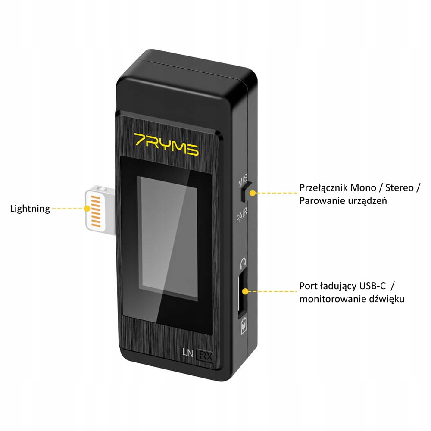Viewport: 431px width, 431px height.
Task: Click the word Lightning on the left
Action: pos(30,209)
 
